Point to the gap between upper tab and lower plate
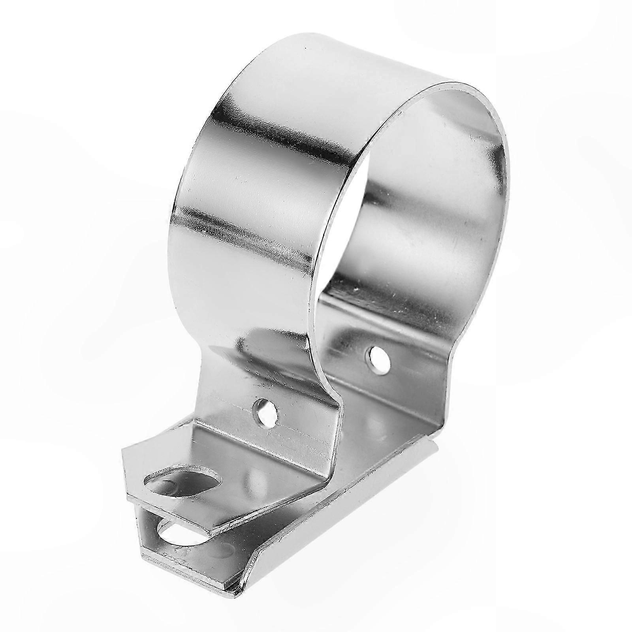pyautogui.click(x=150, y=513)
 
